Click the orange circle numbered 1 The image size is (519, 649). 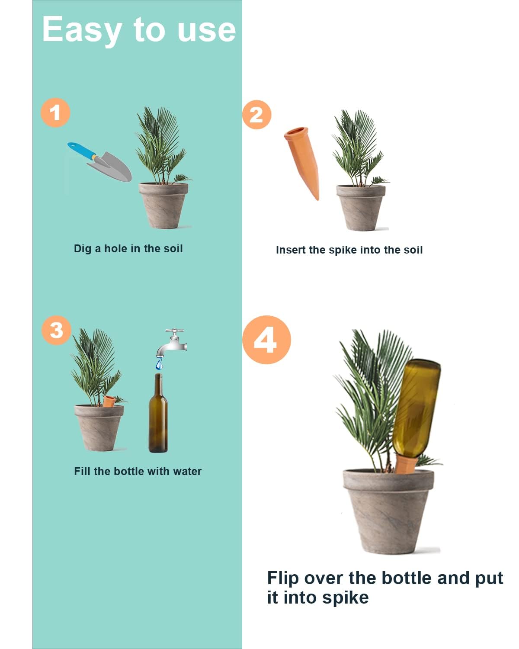pyautogui.click(x=55, y=113)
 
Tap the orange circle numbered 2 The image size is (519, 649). pyautogui.click(x=256, y=115)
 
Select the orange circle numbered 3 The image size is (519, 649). pyautogui.click(x=56, y=331)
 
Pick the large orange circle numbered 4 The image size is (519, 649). pyautogui.click(x=266, y=340)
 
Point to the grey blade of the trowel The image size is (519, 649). pyautogui.click(x=111, y=167)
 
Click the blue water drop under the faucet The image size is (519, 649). pyautogui.click(x=160, y=365)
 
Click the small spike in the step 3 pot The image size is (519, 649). pyautogui.click(x=109, y=401)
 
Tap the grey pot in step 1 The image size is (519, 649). pyautogui.click(x=163, y=205)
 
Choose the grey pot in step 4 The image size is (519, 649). pyautogui.click(x=388, y=511)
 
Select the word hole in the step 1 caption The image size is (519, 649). pyautogui.click(x=115, y=249)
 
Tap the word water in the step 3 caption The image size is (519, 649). pyautogui.click(x=187, y=472)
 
